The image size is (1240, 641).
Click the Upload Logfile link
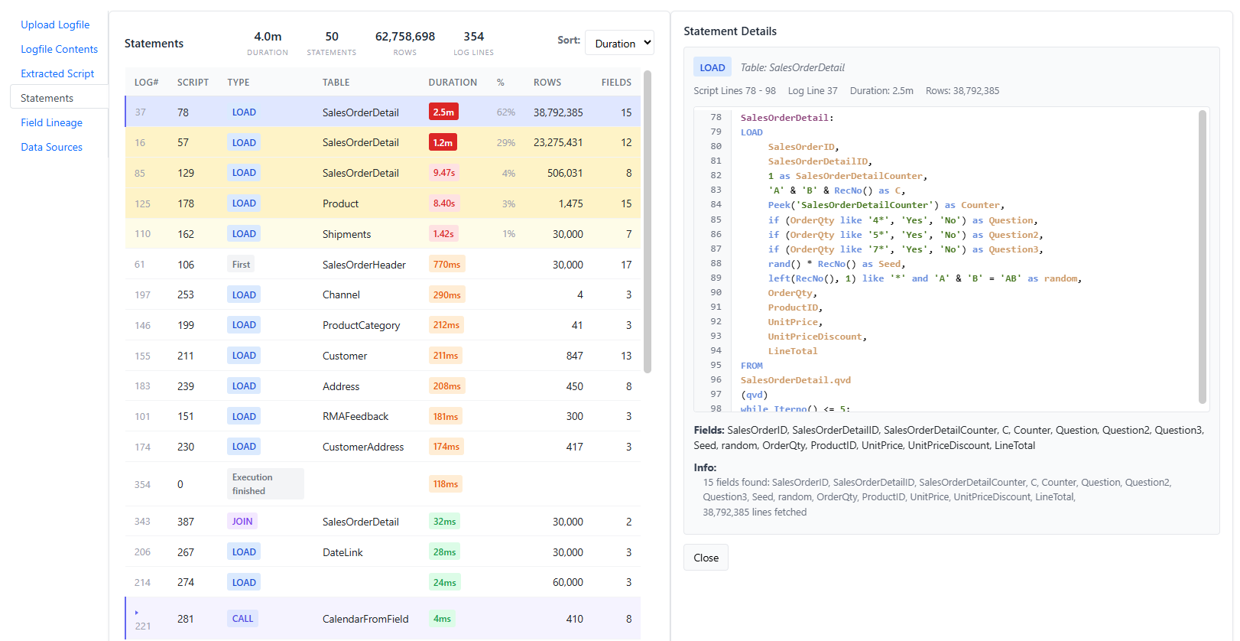pos(55,24)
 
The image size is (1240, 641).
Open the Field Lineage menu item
pos(51,122)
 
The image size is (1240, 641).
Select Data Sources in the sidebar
pos(51,147)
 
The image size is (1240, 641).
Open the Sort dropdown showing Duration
pos(619,43)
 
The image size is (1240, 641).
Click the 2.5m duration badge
pos(443,112)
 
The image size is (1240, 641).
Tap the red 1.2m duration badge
pos(443,142)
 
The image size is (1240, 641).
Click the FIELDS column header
pos(616,82)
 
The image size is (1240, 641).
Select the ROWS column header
pos(547,82)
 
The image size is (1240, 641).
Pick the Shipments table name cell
pos(346,234)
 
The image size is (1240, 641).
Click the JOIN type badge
pos(242,522)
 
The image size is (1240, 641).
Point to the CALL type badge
pos(242,619)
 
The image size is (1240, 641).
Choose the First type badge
pos(241,264)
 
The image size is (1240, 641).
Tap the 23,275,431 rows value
pos(558,142)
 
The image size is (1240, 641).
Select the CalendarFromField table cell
pos(365,619)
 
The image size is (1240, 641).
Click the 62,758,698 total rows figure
pos(404,37)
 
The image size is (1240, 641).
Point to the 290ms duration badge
pos(446,294)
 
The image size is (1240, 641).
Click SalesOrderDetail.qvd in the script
pos(796,380)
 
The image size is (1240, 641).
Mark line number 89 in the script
pos(716,278)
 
